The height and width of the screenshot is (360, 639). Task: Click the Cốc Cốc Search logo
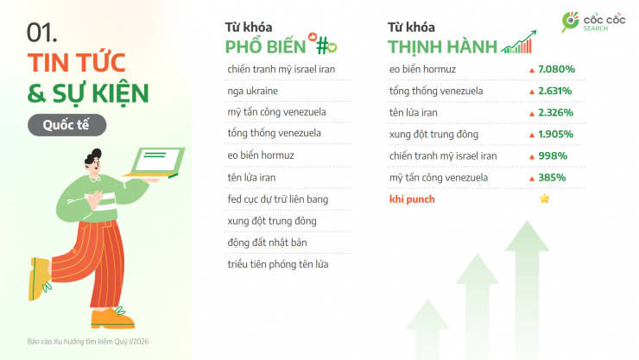click(x=591, y=21)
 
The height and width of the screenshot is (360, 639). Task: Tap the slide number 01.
click(x=42, y=33)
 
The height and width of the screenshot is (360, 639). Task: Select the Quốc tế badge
click(x=66, y=124)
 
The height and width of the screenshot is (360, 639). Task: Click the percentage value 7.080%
click(x=556, y=68)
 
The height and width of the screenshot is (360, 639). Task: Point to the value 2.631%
click(x=556, y=91)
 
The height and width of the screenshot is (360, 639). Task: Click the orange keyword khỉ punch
click(x=412, y=199)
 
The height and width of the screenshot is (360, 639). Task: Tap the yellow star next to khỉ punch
click(x=544, y=199)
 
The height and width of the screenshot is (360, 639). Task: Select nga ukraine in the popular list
click(x=253, y=91)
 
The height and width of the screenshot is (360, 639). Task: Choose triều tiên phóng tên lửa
click(x=277, y=263)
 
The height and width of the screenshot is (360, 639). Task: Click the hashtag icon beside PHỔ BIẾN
click(x=326, y=45)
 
